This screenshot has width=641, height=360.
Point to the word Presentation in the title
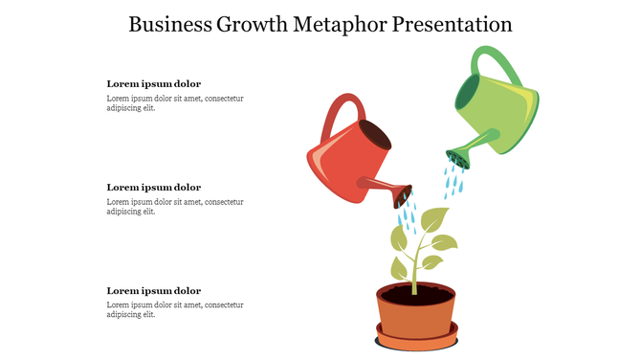coord(452,24)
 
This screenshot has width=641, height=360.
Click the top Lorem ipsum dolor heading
coord(153,83)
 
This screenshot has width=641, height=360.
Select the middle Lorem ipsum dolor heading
coord(153,187)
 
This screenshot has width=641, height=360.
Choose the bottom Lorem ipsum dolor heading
coord(153,290)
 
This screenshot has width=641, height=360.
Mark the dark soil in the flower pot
coord(415,296)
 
